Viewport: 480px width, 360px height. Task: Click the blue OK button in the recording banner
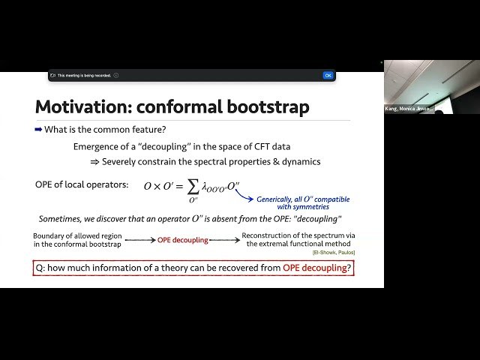tap(328, 75)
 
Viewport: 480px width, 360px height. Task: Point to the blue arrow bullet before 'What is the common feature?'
tap(38, 130)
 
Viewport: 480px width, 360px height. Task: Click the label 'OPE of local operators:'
tap(82, 184)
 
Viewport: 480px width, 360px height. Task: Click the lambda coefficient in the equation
tap(205, 187)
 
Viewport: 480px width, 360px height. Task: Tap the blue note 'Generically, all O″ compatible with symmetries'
tap(301, 202)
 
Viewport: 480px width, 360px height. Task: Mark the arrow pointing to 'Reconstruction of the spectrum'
tap(225, 240)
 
